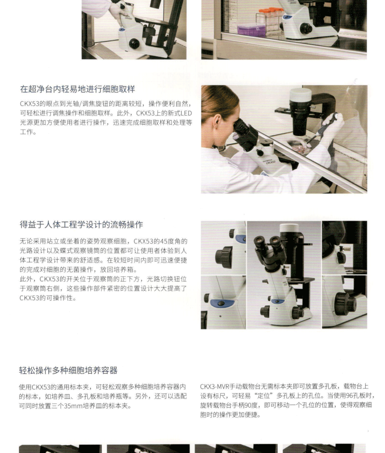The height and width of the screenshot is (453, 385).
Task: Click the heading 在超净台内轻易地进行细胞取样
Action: point(78,89)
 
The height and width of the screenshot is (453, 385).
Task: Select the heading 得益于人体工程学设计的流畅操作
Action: point(81,225)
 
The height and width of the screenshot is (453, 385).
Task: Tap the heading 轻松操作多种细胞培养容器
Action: point(68,370)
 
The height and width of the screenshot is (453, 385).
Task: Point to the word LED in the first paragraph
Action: point(186,113)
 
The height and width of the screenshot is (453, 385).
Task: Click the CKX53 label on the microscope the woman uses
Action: point(271,162)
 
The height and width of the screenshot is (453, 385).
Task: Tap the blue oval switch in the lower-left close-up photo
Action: point(222,304)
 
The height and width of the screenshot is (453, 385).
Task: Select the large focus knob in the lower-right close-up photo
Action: point(345,303)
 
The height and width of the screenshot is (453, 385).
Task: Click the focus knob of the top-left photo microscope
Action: point(134,44)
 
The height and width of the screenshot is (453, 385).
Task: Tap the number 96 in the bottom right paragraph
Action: point(349,396)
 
